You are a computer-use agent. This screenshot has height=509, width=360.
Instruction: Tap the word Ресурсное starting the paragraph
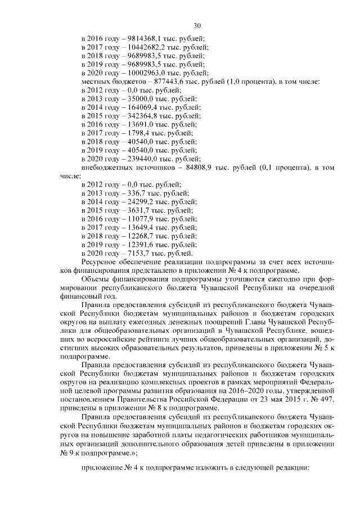[101, 263]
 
